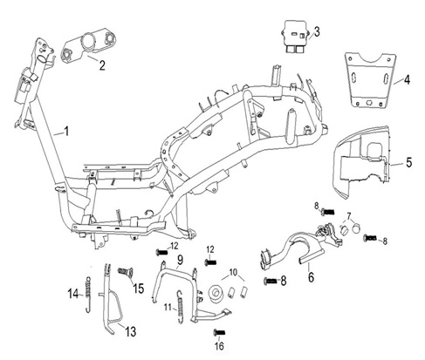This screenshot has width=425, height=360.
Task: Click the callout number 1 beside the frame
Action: (66, 132)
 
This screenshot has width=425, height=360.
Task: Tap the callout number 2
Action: (102, 65)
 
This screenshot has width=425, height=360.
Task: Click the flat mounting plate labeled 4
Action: (370, 80)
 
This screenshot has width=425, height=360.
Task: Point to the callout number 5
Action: (409, 162)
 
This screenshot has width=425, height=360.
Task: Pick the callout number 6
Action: (312, 277)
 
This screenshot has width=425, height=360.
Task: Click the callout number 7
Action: (349, 216)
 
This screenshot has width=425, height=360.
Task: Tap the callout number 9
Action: (180, 260)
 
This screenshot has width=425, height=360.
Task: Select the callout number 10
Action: (233, 273)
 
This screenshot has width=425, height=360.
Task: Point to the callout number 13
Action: (131, 331)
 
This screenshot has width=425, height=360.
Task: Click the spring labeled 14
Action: (88, 294)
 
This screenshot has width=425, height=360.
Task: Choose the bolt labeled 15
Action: (125, 272)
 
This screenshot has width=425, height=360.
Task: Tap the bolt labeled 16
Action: (219, 332)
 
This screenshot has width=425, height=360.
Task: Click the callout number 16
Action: (219, 346)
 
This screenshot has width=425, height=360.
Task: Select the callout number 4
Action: (408, 79)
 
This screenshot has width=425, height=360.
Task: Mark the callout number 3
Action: (317, 31)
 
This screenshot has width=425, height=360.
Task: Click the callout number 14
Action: (73, 294)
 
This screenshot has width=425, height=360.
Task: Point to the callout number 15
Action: (139, 289)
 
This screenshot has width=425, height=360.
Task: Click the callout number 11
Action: (167, 307)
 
